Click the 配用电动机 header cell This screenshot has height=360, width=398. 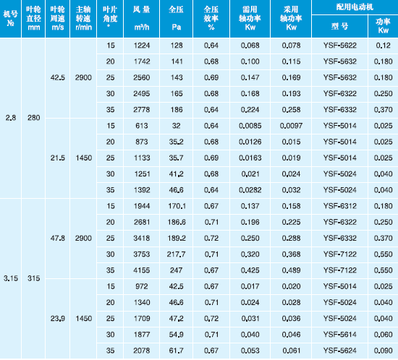click(355, 7)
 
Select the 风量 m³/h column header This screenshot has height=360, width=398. click(142, 18)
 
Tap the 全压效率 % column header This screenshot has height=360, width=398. click(211, 18)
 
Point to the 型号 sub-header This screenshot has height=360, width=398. click(339, 26)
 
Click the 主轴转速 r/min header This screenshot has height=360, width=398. click(83, 18)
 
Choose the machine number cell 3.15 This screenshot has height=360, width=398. click(11, 278)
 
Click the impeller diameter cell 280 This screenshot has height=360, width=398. click(34, 118)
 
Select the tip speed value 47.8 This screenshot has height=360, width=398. click(58, 238)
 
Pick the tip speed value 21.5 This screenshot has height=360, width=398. click(58, 158)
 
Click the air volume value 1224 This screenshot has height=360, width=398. click(142, 46)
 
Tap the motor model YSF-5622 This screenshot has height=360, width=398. click(340, 46)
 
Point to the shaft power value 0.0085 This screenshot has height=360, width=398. click(250, 126)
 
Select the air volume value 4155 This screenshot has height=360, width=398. click(142, 270)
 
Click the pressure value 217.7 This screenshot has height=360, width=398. click(176, 254)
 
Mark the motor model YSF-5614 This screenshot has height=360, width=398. click(340, 335)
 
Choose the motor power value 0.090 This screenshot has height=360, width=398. click(384, 351)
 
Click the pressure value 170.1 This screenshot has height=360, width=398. click(177, 206)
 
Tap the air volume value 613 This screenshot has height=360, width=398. click(142, 126)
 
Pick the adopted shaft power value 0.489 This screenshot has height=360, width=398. click(291, 270)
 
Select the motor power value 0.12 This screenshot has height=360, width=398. click(384, 46)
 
